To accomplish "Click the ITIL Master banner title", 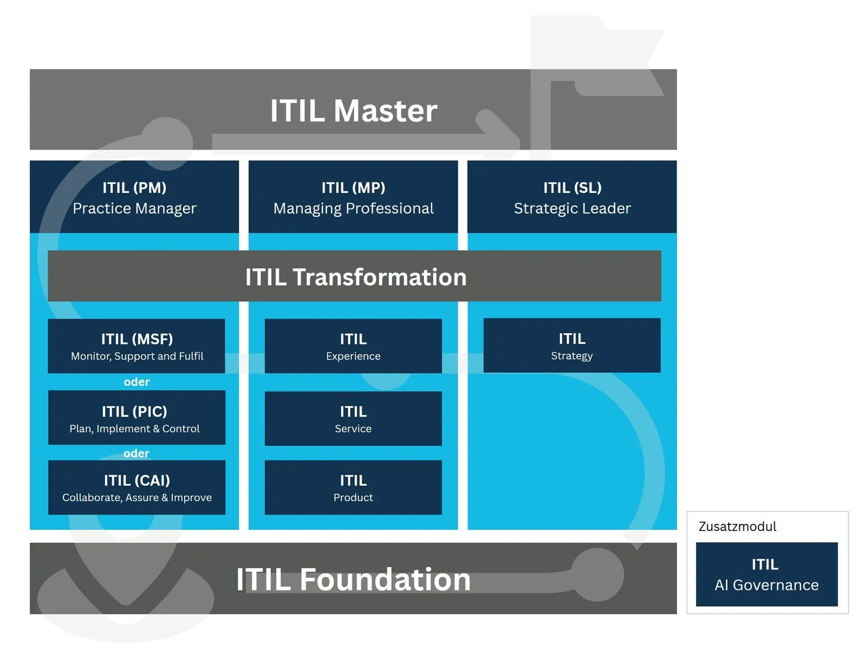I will pos(353,111).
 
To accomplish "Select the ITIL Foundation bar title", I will pos(353,579).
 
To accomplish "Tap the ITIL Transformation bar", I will pos(355,277).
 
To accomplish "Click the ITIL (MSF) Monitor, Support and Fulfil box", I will pos(137,346).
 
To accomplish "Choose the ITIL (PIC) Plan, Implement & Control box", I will pos(137,418).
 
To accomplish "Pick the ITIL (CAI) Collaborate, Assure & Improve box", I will pos(137,488).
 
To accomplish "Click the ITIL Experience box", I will pos(353,346).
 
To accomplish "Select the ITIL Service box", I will pos(353,419).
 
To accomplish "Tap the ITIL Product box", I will pos(353,488).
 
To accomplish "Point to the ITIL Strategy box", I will pos(572,346).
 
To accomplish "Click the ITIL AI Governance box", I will pos(766,574).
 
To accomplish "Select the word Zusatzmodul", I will pos(737,527).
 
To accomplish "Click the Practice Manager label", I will pos(134,209).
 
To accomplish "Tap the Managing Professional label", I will pos(353,209).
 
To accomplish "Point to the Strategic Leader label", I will pos(572,209).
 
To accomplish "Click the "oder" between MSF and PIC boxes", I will pos(137,382).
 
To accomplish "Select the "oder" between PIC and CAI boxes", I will pos(136,453).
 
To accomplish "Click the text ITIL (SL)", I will pos(572,187).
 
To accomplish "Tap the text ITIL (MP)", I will pos(353,187).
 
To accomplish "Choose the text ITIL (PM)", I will pos(134,187).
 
